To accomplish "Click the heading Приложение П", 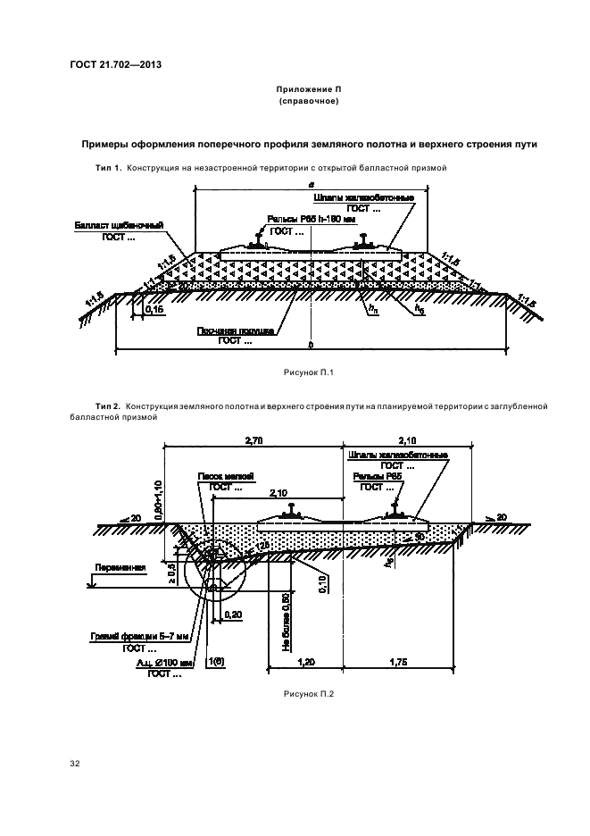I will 308,90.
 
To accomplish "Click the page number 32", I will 75,764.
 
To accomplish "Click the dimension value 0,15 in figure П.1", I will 155,309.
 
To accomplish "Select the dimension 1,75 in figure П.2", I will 397,663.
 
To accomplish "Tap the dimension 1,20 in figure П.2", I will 305,663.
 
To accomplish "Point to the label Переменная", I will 112,566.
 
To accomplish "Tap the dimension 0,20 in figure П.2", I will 235,614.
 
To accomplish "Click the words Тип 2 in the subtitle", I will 108,406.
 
